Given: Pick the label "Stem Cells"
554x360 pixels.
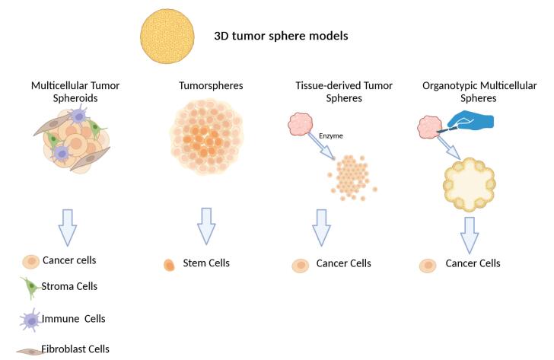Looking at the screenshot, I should tap(206, 263).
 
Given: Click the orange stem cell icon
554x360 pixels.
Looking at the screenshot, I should tap(169, 265).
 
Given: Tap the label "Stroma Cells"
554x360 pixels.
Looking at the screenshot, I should tap(70, 287).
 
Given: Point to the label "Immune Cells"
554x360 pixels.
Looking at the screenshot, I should tap(73, 320).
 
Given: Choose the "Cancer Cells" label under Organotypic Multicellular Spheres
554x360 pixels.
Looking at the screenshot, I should tap(473, 263).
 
